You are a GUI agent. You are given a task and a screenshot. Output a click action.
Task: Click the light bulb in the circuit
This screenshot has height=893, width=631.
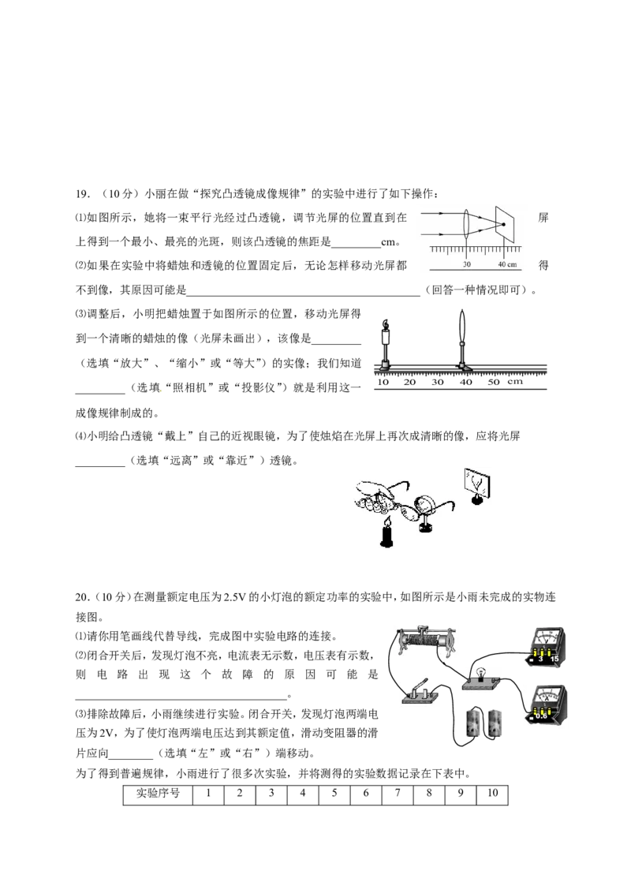480,673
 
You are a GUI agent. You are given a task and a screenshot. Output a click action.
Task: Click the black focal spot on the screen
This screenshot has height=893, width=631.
503,224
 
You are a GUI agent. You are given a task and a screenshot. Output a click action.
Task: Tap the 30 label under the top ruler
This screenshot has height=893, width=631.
467,264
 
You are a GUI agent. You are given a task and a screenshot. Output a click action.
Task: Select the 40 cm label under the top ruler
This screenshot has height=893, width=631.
507,264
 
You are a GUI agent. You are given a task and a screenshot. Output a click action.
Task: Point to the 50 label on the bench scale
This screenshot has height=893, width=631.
494,382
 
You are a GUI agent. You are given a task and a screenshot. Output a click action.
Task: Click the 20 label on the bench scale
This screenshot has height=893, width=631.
409,382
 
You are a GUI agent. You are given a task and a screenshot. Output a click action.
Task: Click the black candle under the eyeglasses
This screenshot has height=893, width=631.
387,536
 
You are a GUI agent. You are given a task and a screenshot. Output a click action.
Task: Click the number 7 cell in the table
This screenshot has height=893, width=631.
398,794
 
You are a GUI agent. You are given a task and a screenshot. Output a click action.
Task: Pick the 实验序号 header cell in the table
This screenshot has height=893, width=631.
158,794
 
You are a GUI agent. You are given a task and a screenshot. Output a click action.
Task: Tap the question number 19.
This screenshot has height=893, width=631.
83,193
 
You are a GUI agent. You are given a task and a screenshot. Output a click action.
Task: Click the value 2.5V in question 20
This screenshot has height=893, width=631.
233,597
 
